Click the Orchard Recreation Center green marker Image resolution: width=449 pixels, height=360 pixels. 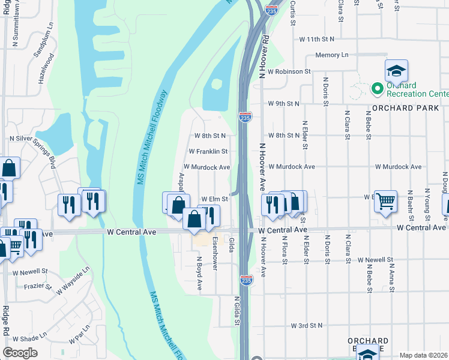pyautogui.click(x=378, y=89)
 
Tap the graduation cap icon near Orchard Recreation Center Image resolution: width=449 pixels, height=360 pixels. pyautogui.click(x=396, y=71)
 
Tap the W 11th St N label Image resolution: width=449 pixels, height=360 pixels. pyautogui.click(x=316, y=39)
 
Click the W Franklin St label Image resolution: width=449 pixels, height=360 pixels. pyautogui.click(x=208, y=152)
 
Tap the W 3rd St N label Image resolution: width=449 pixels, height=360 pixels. pyautogui.click(x=306, y=326)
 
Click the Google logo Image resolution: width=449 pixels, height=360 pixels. pyautogui.click(x=20, y=352)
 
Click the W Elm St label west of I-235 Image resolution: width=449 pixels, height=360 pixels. pyautogui.click(x=214, y=199)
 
